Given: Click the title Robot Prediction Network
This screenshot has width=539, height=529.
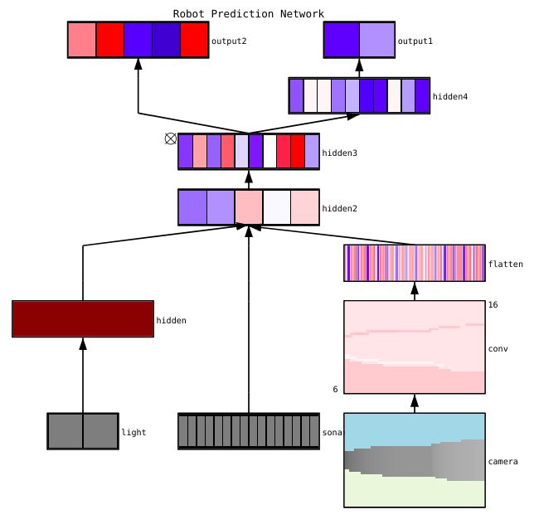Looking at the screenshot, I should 249,14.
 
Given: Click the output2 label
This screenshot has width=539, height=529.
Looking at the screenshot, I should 229,41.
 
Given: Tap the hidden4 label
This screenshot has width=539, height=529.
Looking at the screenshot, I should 450,97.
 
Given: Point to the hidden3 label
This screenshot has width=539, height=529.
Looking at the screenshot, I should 339,153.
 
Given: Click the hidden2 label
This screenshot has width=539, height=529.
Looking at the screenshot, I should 339,208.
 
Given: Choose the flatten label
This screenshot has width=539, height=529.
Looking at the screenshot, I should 506,264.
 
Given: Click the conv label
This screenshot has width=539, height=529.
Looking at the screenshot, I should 498,348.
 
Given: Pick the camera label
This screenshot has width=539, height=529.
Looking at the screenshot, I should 503,461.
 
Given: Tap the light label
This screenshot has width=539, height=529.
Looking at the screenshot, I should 134,432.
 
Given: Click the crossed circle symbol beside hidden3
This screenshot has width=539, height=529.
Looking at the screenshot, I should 171,138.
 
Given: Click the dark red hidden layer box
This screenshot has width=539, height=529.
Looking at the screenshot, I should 83,319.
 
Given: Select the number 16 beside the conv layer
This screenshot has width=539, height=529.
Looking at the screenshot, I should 493,305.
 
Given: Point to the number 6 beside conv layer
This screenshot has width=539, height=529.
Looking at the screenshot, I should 335,389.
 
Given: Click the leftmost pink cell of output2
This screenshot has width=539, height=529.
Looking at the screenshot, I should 82,40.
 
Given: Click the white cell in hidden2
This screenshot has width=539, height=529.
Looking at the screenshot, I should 277,207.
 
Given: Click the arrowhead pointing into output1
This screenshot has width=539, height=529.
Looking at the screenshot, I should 360,65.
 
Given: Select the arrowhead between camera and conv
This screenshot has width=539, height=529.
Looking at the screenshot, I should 415,401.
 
